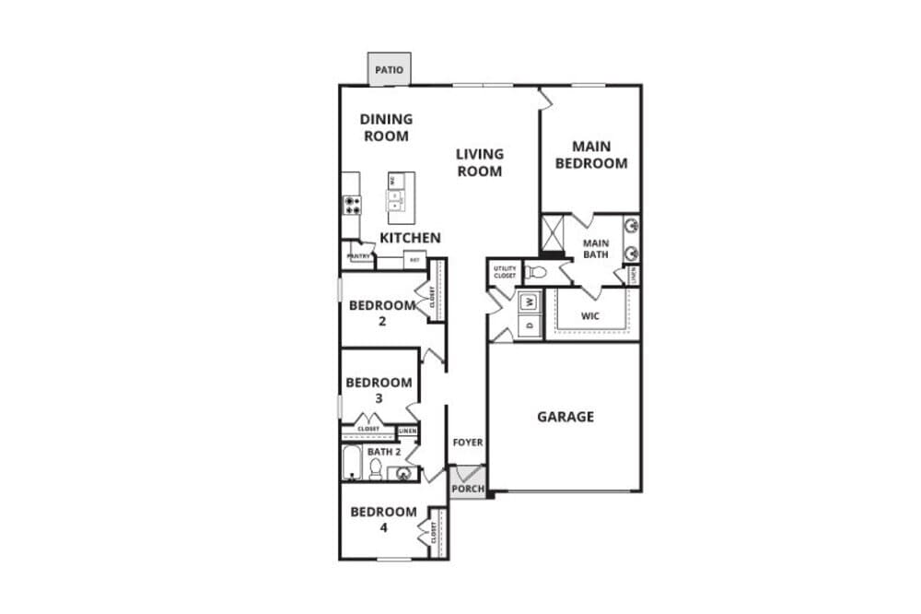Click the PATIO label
[389, 69]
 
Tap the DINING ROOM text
[386, 126]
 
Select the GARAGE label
[565, 417]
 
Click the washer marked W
[530, 301]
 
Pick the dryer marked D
[530, 325]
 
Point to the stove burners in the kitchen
[352, 205]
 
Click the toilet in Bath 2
[376, 469]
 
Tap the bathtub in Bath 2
[352, 464]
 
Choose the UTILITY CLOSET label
[505, 272]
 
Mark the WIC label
[591, 315]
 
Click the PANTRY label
[357, 257]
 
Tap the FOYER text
[467, 443]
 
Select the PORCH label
[467, 489]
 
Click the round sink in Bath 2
[403, 474]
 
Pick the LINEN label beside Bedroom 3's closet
[407, 431]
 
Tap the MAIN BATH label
[596, 248]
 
